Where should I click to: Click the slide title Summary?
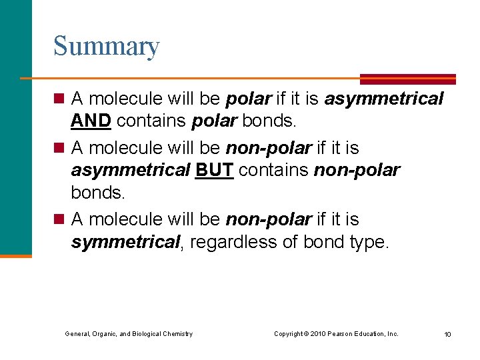click(x=106, y=47)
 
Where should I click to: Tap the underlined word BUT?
click(x=214, y=171)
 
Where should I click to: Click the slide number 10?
click(x=447, y=334)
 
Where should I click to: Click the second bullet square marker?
click(x=59, y=147)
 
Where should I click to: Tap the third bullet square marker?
click(x=59, y=219)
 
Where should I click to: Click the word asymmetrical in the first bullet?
click(x=383, y=99)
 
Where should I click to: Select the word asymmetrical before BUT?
click(x=131, y=171)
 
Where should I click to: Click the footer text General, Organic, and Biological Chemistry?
click(x=129, y=333)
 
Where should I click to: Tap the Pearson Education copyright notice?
click(x=336, y=333)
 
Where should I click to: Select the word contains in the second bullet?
click(x=274, y=171)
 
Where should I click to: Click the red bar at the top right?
click(x=407, y=79)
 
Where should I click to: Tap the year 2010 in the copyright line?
click(x=317, y=333)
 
